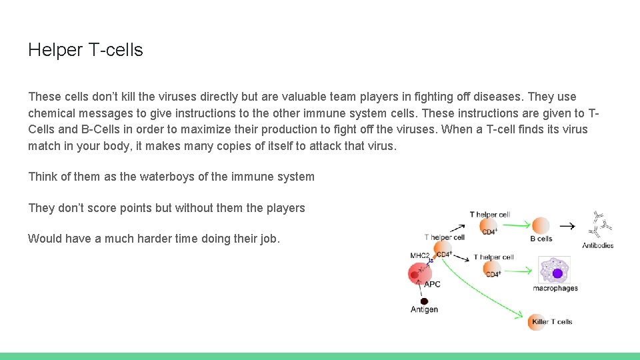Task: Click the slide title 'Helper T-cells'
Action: (x=85, y=50)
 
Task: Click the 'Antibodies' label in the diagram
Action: (x=597, y=245)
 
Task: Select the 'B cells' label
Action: (x=541, y=239)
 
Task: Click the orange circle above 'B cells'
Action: (x=541, y=225)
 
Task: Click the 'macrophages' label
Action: (x=555, y=288)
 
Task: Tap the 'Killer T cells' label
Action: (x=551, y=322)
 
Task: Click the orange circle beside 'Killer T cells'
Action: (x=538, y=321)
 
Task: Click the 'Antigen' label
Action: (x=424, y=309)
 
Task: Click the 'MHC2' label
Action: (x=419, y=255)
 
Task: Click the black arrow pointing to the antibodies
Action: (x=567, y=226)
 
